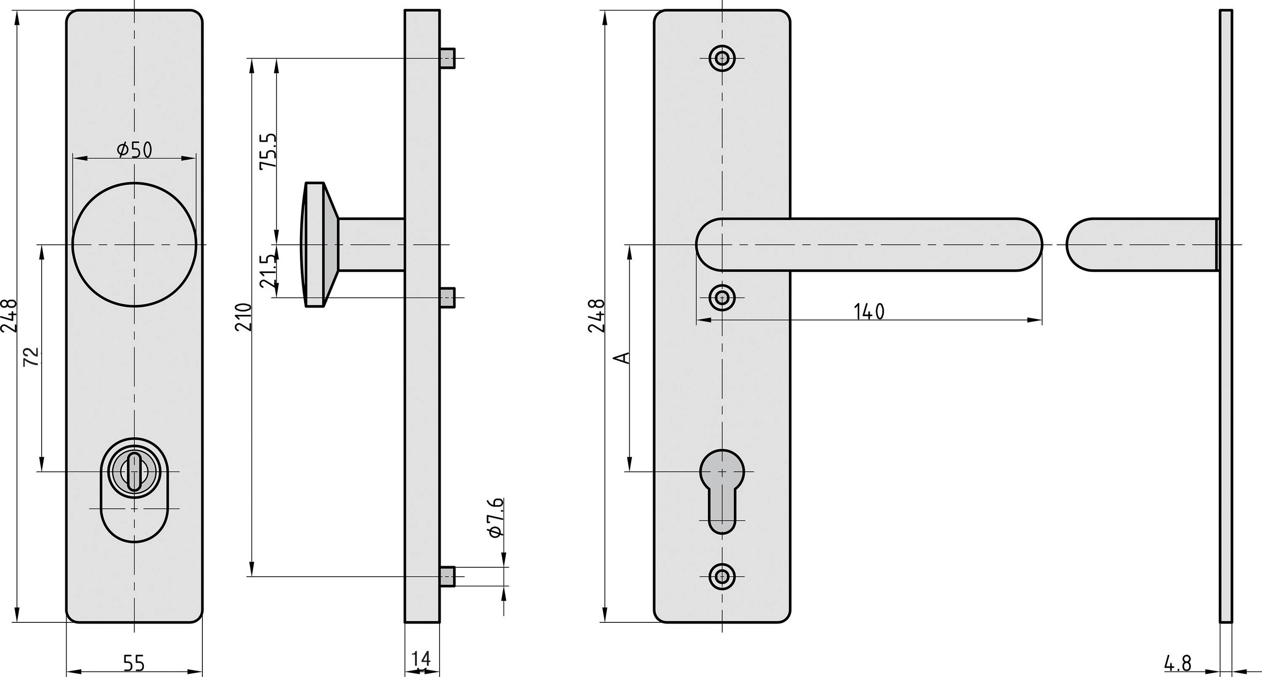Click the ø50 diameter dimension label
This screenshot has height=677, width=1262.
134,149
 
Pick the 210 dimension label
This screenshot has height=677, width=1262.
244,317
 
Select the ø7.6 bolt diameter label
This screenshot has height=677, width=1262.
496,518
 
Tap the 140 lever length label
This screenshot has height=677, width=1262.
869,312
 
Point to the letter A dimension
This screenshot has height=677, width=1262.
622,358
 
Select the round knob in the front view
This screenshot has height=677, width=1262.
134,244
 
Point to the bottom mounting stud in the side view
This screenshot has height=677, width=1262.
448,576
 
